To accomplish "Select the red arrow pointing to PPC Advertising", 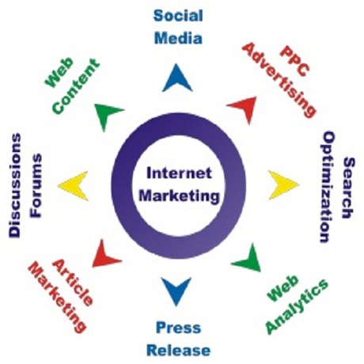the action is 245,108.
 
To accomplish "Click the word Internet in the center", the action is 179,173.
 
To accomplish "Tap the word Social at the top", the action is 178,15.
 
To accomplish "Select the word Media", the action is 178,38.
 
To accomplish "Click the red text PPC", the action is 294,61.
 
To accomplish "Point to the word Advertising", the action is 279,80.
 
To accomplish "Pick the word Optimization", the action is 328,187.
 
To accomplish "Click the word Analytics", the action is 297,306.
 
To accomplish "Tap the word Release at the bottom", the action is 179,351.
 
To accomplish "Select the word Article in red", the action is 73,282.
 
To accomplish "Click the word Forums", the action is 36,186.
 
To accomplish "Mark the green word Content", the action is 76,86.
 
